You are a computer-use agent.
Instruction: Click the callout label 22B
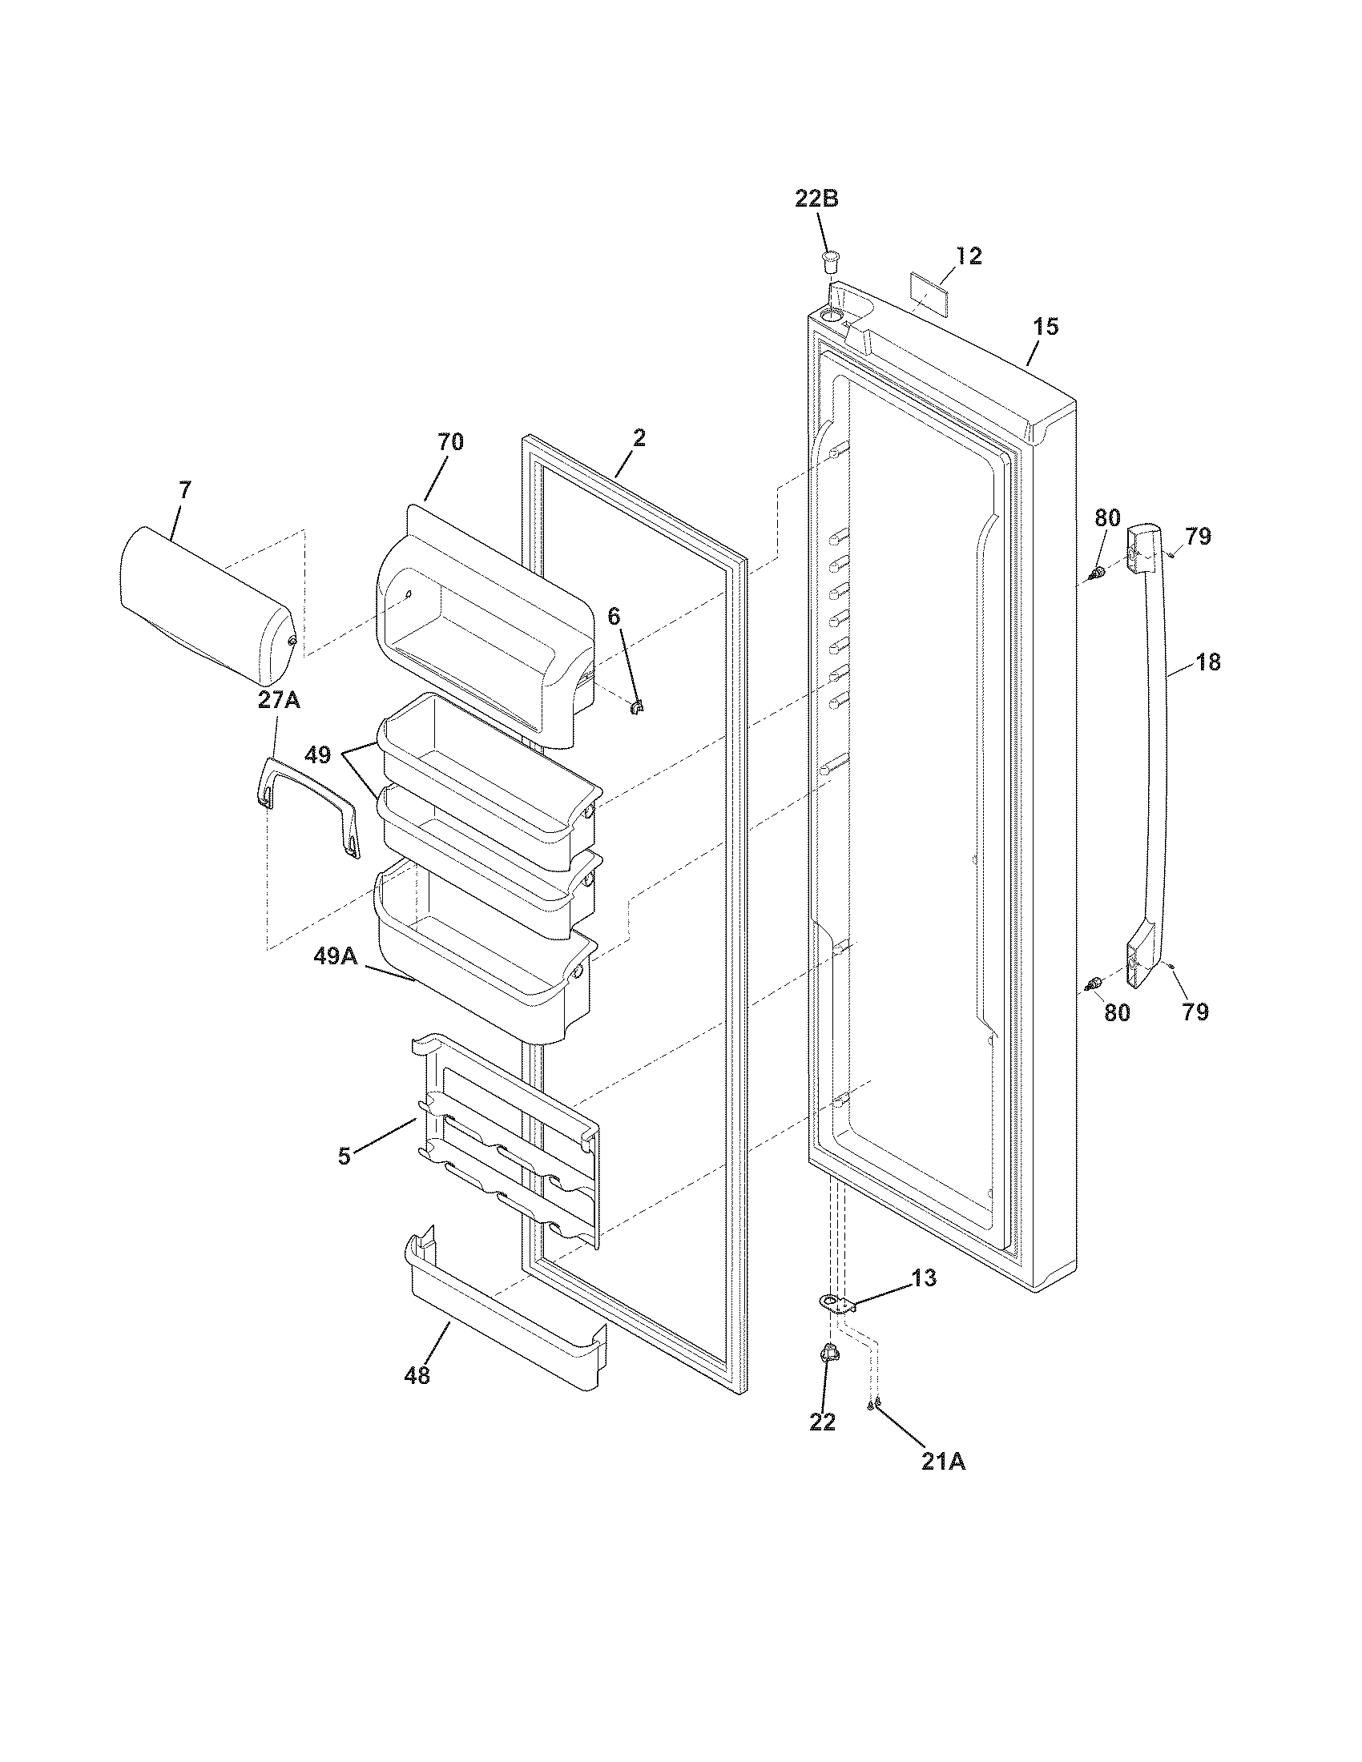pos(816,199)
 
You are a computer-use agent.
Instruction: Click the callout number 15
pos(1046,327)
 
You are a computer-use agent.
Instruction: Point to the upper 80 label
pos(1107,517)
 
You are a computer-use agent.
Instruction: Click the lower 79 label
pos(1196,1012)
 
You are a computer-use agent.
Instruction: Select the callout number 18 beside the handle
pos(1208,662)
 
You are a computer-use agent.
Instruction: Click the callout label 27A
pos(278,700)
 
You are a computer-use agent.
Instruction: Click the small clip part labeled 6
pos(636,707)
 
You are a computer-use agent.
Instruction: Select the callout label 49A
pos(336,955)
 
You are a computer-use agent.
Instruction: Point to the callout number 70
pos(450,442)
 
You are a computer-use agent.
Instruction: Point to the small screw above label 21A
pos(871,1405)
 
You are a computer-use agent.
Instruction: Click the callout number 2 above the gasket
pos(639,438)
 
